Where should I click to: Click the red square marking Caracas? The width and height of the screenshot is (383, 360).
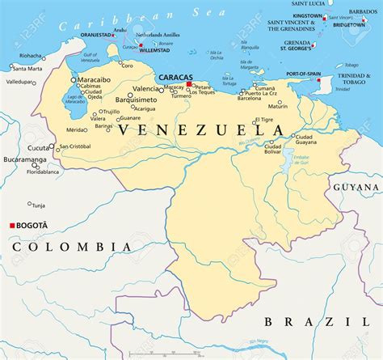(189, 84)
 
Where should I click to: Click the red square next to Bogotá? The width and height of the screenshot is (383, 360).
(12, 225)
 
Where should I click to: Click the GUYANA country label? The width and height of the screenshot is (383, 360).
(356, 187)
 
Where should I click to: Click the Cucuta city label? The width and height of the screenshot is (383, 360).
(38, 148)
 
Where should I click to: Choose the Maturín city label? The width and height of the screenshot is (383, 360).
(277, 106)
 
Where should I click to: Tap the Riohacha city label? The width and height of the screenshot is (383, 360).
(31, 56)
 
